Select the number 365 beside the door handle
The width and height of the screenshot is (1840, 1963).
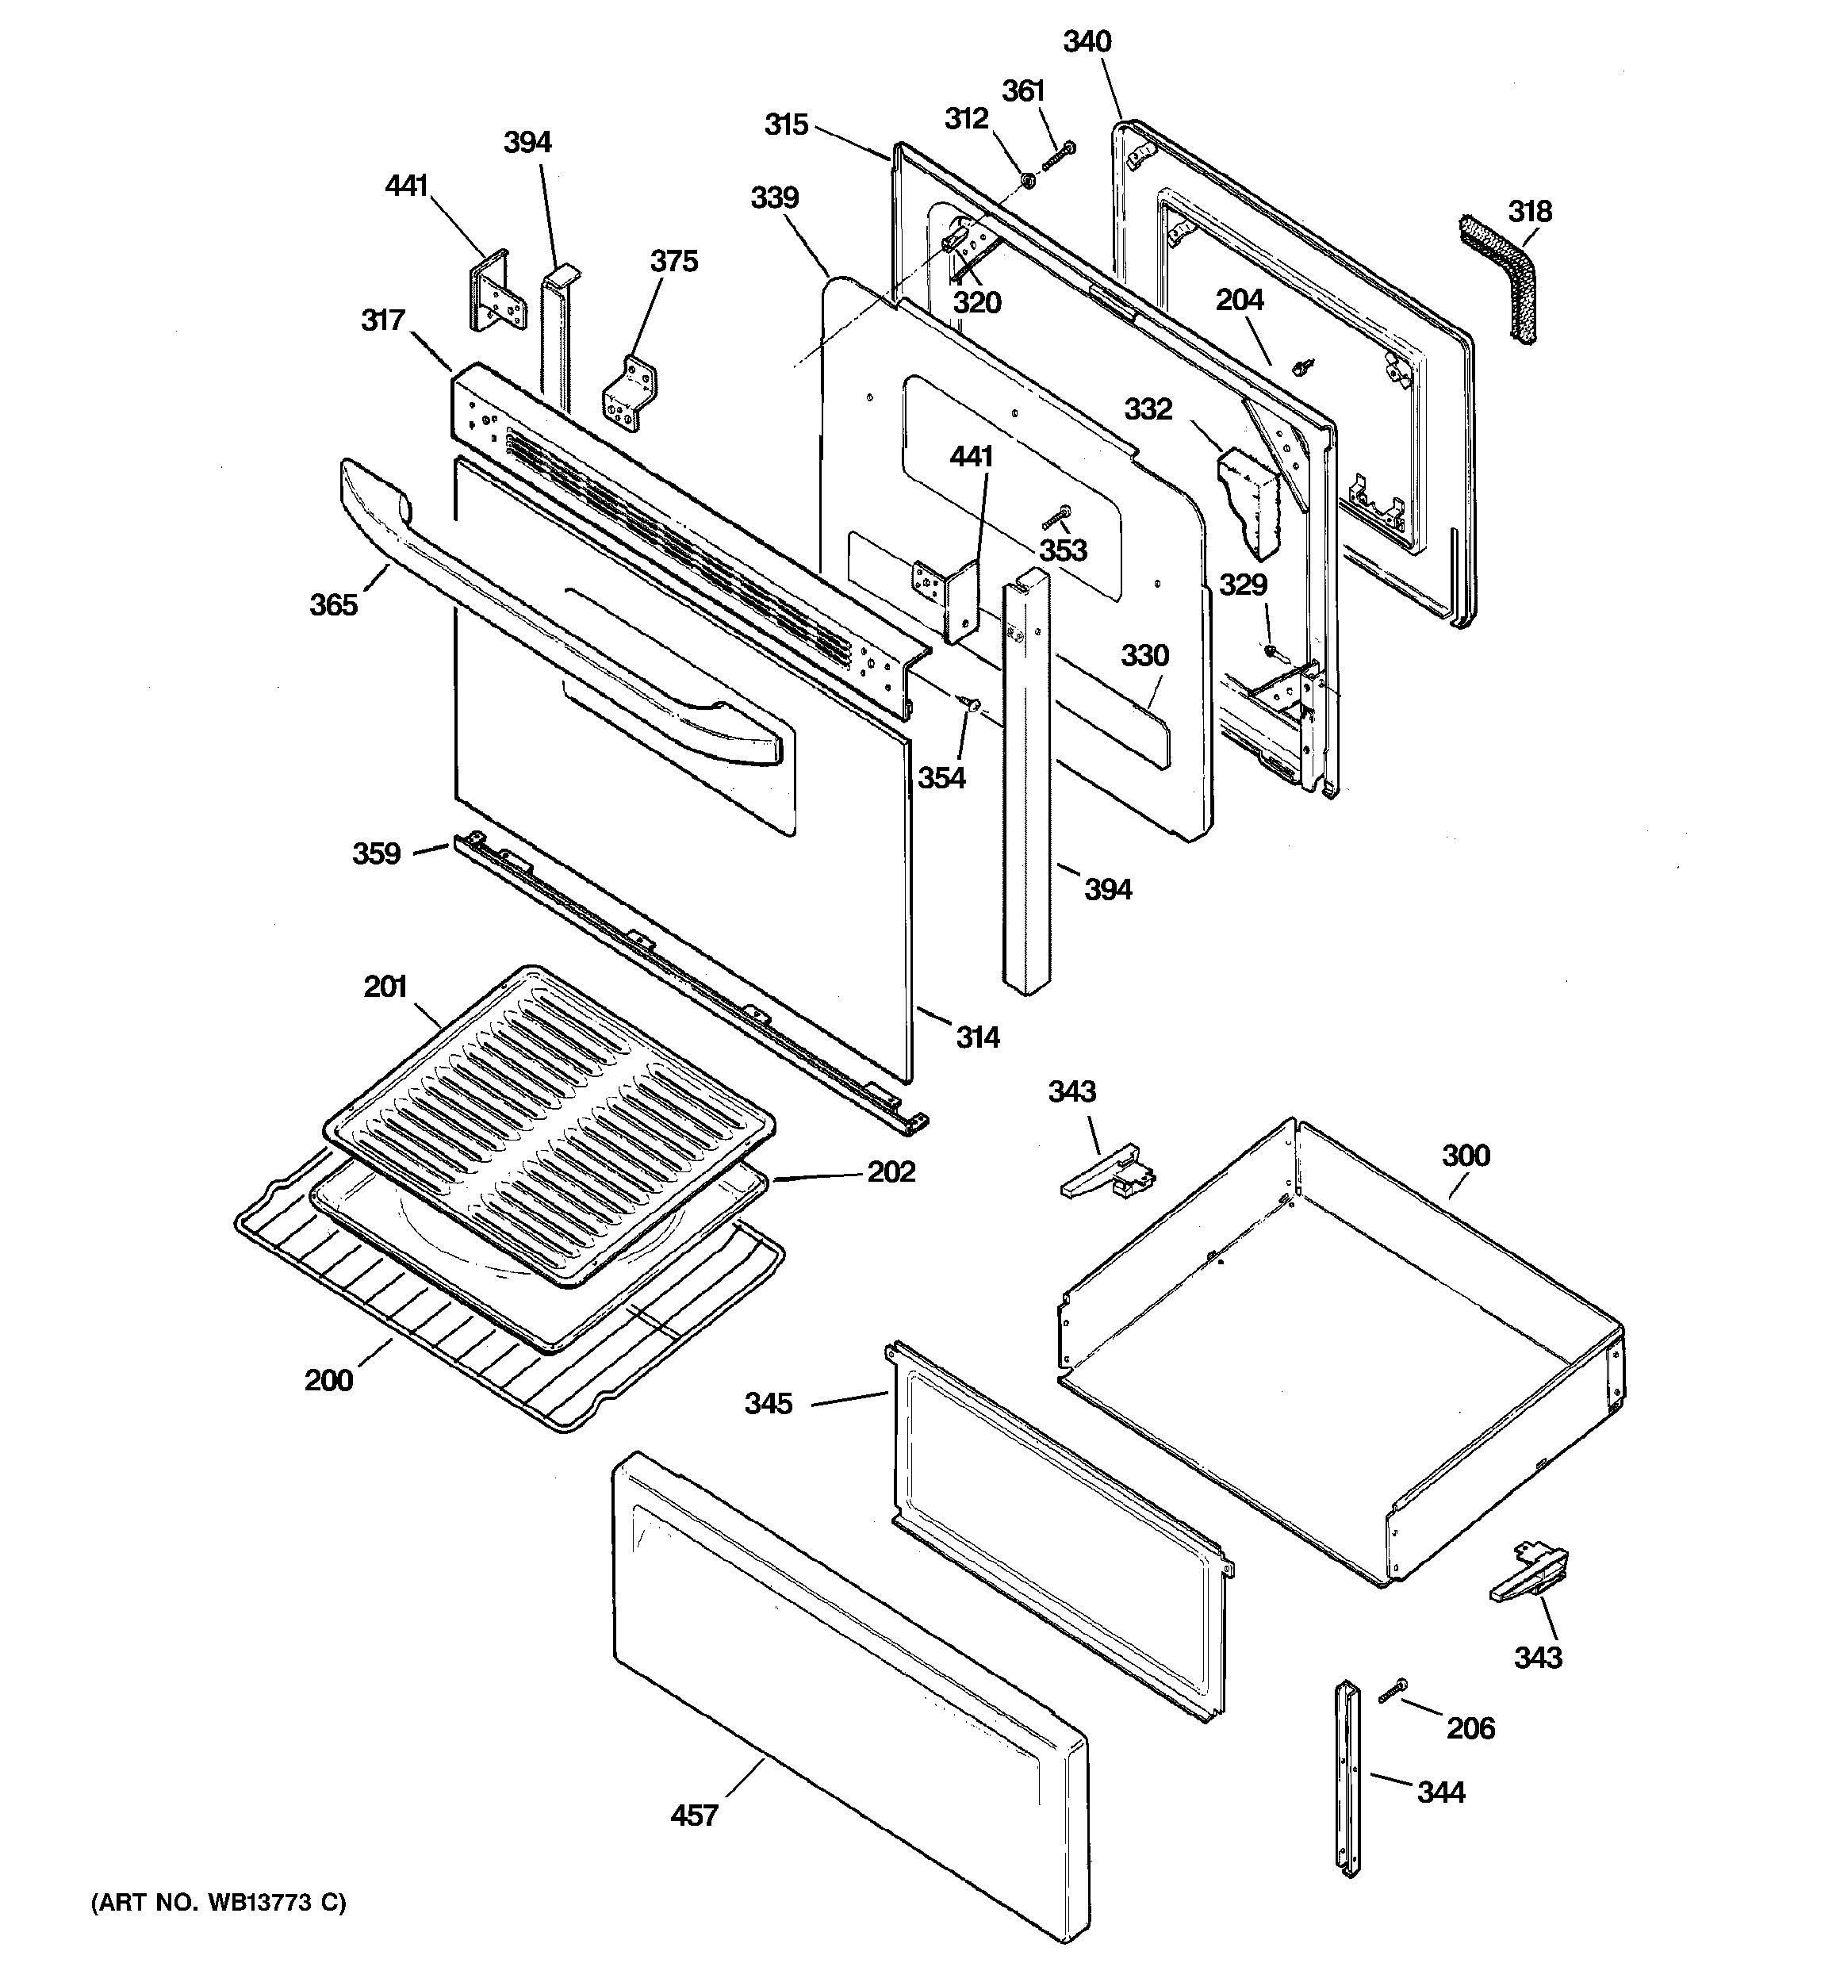(x=333, y=604)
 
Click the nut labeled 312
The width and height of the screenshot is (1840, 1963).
(x=1026, y=180)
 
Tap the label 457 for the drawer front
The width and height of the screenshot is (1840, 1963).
(x=693, y=1815)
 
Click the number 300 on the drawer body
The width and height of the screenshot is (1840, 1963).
(x=1465, y=1156)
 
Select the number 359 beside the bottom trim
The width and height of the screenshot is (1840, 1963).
(x=376, y=853)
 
